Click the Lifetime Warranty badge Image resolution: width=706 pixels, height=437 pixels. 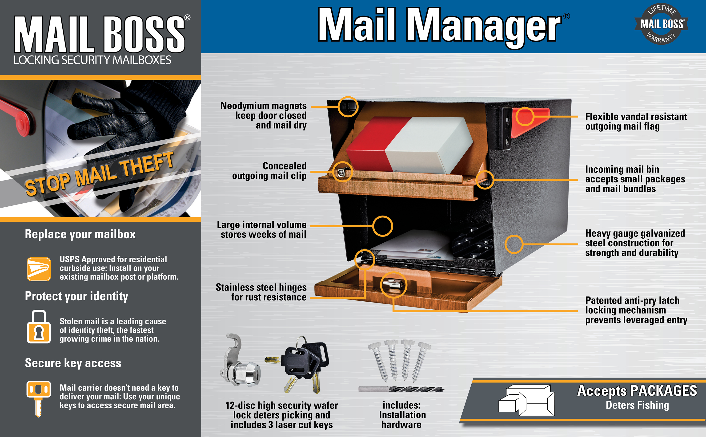[661, 24]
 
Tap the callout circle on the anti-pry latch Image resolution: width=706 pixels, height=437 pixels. [393, 285]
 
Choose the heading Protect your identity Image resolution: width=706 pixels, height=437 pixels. [76, 296]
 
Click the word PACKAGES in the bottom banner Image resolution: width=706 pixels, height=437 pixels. [663, 391]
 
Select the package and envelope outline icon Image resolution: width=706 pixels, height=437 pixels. [527, 400]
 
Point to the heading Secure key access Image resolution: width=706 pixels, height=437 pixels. [73, 363]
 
